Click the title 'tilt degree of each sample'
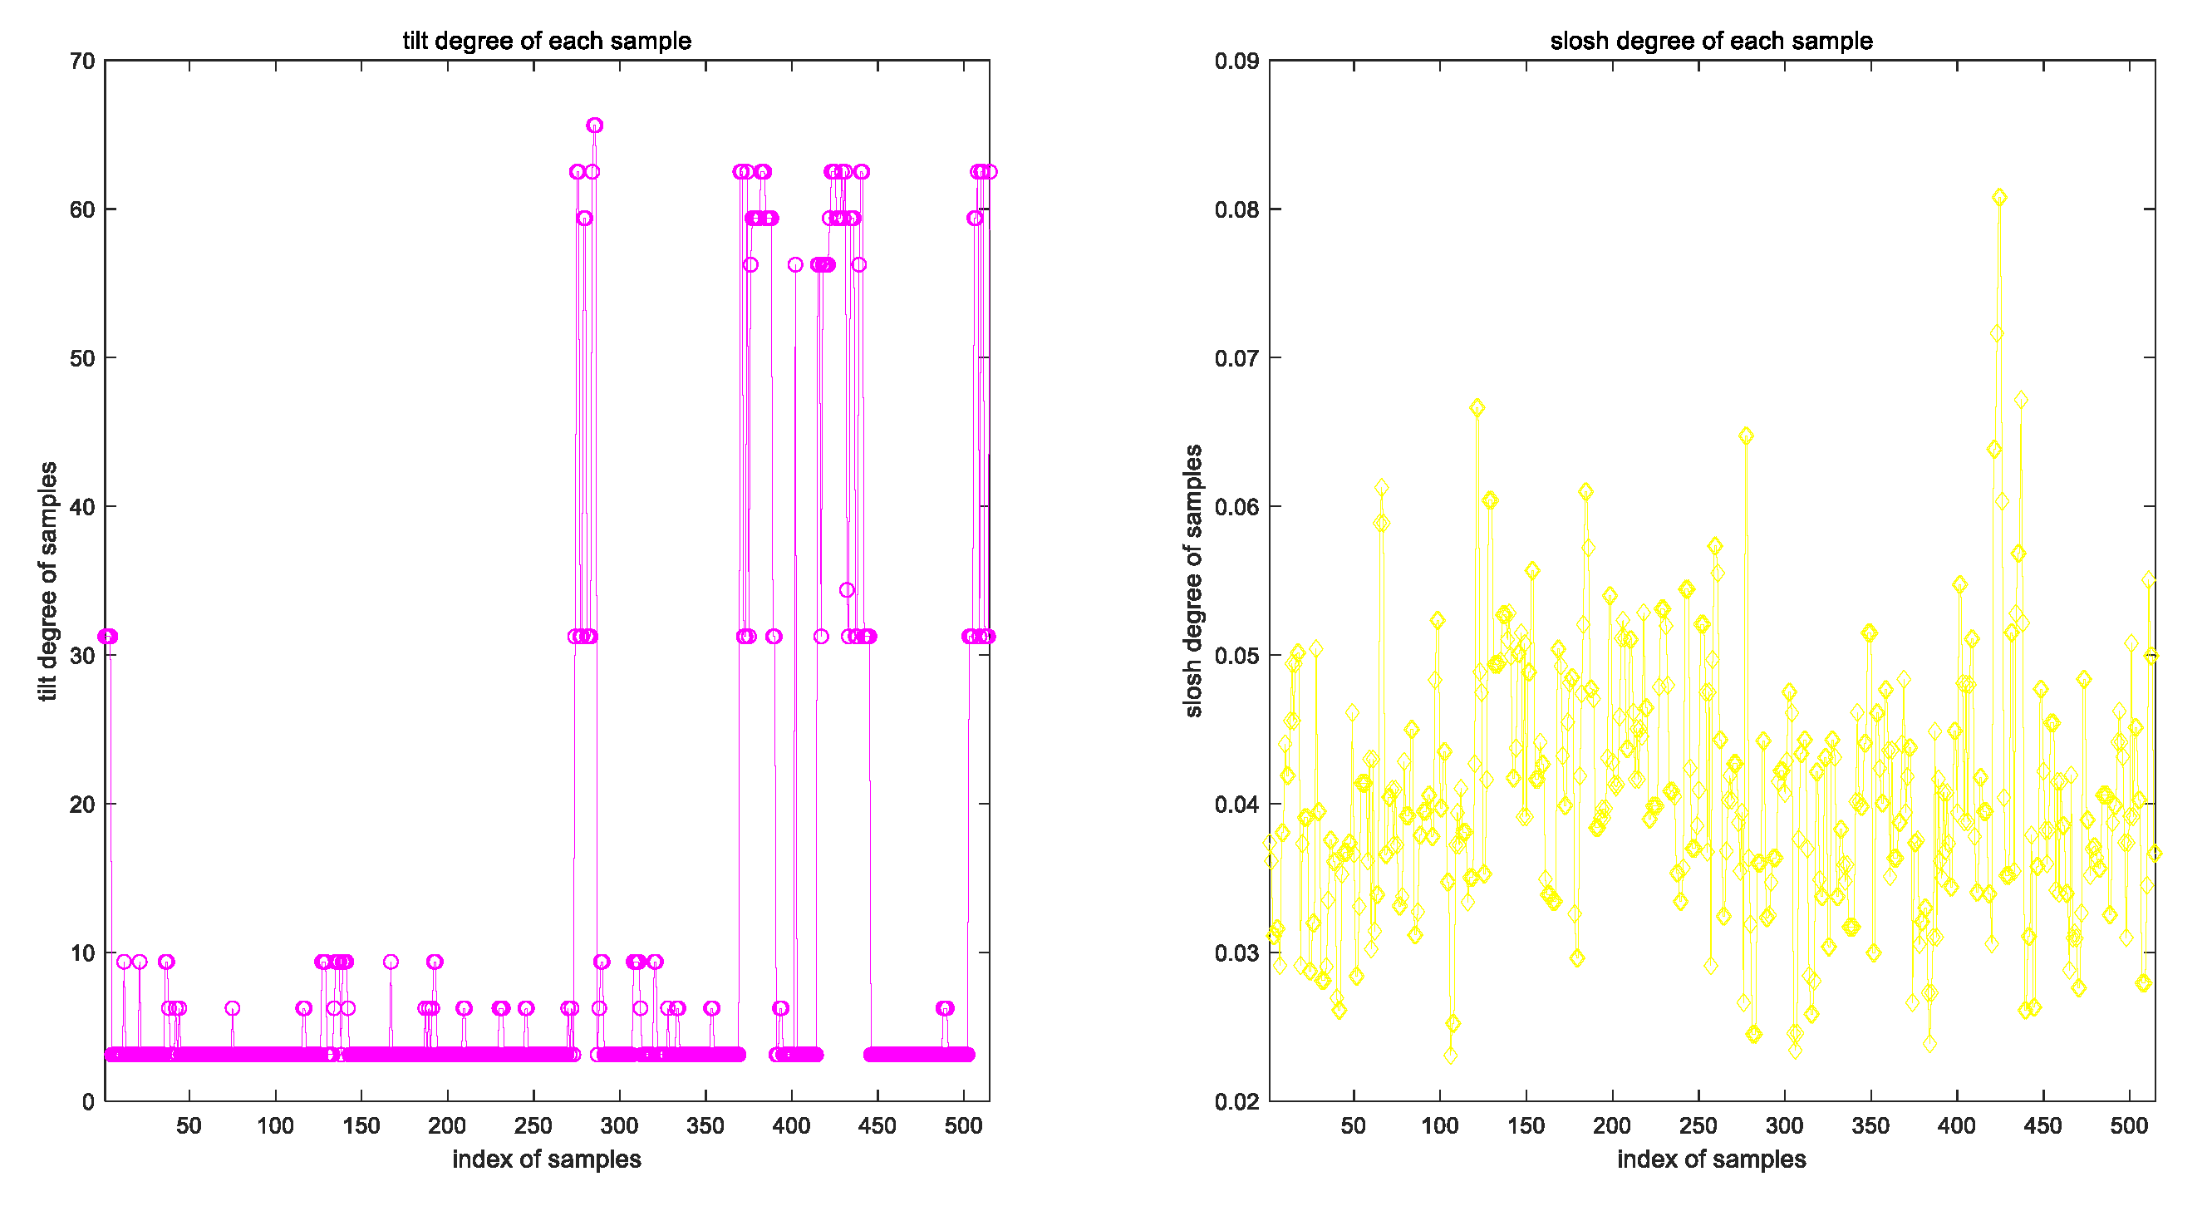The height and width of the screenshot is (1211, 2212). coord(546,41)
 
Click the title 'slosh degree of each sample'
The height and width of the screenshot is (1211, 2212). coord(1711,41)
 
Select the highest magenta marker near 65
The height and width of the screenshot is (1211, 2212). coord(594,126)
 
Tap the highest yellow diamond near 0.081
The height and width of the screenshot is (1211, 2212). coord(1999,198)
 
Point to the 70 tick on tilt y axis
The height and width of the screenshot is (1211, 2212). coord(82,61)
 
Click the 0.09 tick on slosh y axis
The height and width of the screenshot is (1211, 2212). coord(1236,61)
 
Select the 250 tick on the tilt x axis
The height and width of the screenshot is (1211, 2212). coord(533,1125)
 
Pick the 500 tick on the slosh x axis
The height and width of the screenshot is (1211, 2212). coord(2129,1125)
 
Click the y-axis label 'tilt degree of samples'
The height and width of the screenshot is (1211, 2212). coord(48,581)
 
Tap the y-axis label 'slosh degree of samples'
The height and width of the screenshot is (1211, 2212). coord(1193,581)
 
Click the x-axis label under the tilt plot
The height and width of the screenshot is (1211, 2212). coord(546,1159)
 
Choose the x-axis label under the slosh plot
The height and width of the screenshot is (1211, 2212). coord(1711,1159)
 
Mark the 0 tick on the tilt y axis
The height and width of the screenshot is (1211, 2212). coord(88,1102)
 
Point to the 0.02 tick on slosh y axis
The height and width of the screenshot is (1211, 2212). coord(1236,1102)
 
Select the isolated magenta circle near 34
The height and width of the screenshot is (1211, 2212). coord(847,590)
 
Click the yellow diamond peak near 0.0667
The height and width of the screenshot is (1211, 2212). coord(1477,408)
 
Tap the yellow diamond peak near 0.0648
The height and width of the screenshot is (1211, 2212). coord(1746,436)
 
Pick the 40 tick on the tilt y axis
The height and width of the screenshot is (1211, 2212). coord(82,507)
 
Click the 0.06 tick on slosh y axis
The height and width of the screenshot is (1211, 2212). coord(1236,507)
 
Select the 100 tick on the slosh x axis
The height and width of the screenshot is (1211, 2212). coord(1440,1125)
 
